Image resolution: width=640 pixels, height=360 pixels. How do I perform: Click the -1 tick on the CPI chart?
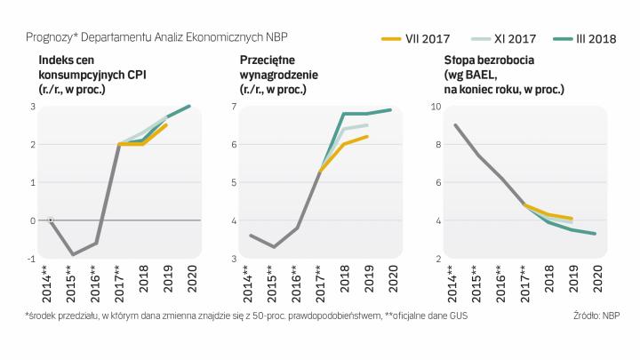[x=32, y=259]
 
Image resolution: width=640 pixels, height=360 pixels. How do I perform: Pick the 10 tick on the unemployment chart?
[x=436, y=107]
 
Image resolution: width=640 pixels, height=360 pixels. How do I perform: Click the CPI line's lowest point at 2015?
[x=73, y=255]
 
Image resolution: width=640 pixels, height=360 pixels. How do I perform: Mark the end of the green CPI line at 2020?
[x=189, y=107]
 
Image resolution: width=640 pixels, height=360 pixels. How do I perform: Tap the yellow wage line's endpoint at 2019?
[x=367, y=137]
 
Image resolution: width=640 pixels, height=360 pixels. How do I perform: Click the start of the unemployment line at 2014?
[x=455, y=125]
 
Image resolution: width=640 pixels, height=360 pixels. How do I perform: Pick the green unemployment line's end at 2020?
[x=595, y=234]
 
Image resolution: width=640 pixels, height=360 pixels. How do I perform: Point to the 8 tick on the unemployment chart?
[x=437, y=145]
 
